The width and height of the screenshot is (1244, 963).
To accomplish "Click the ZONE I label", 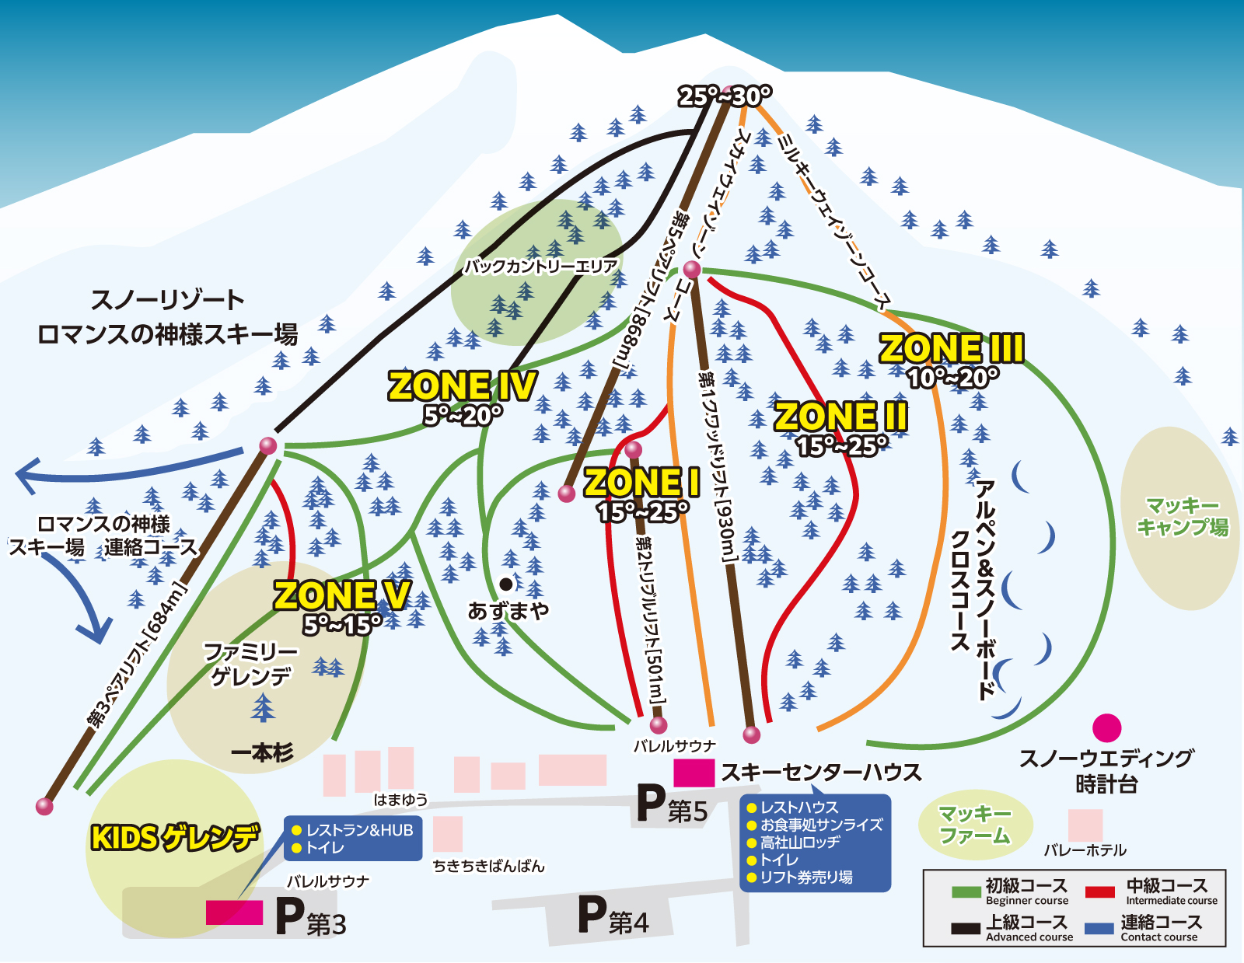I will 642,482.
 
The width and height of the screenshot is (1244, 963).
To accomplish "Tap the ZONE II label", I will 841,417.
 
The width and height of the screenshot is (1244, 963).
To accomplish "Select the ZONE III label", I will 952,348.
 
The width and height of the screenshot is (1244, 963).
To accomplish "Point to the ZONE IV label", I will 462,386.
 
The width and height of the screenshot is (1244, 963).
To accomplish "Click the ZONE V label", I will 342,596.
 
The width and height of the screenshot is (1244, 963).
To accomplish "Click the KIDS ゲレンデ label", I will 175,838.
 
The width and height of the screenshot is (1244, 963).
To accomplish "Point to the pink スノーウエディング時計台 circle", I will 1106,728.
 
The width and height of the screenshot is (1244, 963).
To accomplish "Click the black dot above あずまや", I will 506,584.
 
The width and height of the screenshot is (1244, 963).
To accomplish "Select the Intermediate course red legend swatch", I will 1100,892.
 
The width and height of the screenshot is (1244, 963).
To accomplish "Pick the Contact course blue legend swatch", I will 1100,928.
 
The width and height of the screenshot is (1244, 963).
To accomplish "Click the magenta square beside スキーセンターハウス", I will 694,773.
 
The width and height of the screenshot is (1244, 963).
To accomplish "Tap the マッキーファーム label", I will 975,825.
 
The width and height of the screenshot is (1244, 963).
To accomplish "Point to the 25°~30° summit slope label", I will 725,96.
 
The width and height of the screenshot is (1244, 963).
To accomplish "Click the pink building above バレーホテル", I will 1085,825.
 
